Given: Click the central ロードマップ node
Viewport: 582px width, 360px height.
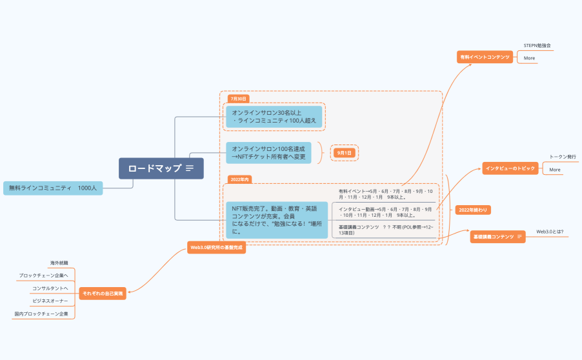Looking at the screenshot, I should click(161, 168).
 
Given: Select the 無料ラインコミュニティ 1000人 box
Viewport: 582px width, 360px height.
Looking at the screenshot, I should click(53, 188).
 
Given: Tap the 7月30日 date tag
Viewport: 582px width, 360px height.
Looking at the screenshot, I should click(239, 99).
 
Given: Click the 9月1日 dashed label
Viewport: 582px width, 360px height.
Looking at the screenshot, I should click(344, 153).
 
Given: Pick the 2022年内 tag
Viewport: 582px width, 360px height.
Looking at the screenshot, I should click(239, 179).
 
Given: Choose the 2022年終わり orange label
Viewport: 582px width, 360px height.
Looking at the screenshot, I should click(472, 210).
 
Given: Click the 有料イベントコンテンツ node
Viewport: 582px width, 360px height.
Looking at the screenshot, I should click(485, 57).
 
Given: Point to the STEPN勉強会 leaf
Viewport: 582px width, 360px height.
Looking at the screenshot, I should click(537, 46).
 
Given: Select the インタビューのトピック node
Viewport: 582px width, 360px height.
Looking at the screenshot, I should click(510, 168).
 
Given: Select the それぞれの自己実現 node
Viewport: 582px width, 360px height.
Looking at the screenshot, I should click(103, 294).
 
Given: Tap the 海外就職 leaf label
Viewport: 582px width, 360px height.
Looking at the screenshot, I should click(59, 263).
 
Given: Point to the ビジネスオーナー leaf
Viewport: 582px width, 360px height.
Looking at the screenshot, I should click(50, 301).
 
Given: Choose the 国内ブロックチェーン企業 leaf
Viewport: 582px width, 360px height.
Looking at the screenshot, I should click(41, 314).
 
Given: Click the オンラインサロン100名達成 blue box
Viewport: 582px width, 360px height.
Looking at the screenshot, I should click(268, 153).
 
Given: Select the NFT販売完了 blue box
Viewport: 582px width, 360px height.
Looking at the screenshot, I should click(276, 219).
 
